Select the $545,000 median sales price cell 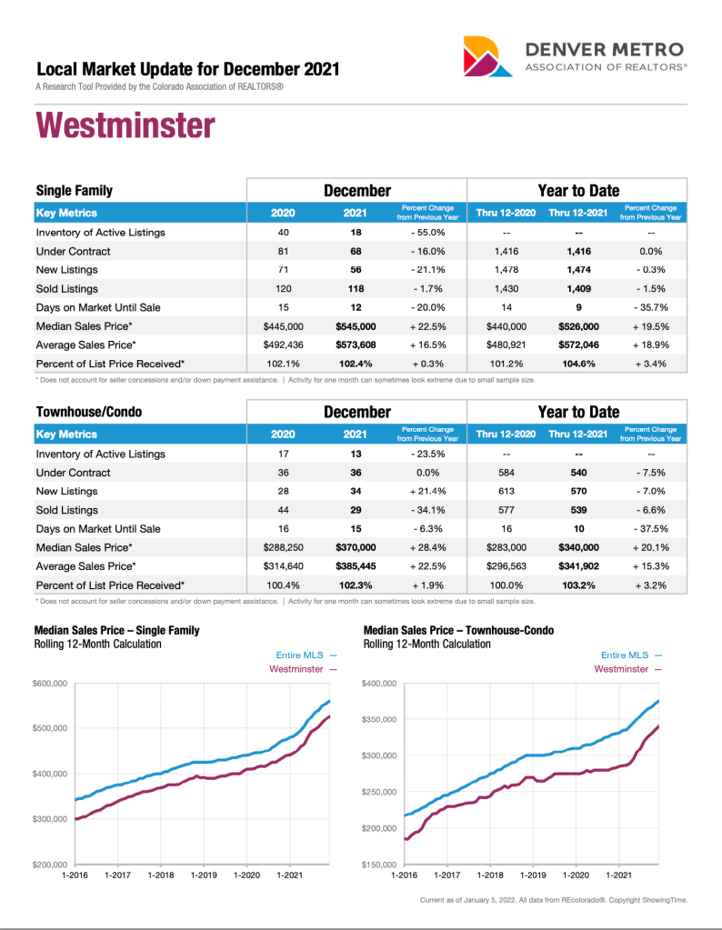coord(356,326)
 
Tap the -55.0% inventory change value coord(426,233)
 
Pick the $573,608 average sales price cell coord(356,345)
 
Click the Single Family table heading coord(75,191)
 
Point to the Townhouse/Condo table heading coord(89,412)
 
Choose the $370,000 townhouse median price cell coord(356,547)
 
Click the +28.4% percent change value coord(426,547)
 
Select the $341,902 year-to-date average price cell coord(578,566)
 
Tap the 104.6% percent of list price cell coord(578,364)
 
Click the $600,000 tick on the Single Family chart coord(51,684)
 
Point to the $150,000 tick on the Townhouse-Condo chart coord(378,865)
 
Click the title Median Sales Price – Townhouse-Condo coord(458,630)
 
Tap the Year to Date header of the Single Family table coord(578,191)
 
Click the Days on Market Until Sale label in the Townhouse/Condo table coord(98,529)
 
